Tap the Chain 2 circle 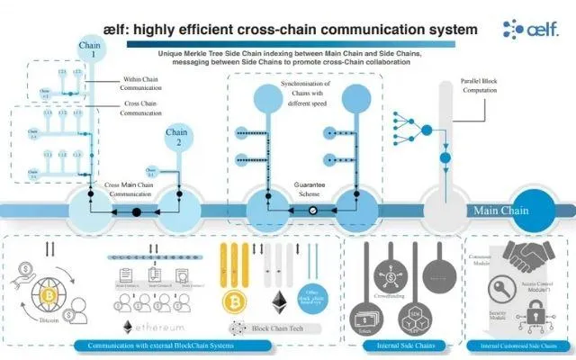[x=176, y=140]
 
